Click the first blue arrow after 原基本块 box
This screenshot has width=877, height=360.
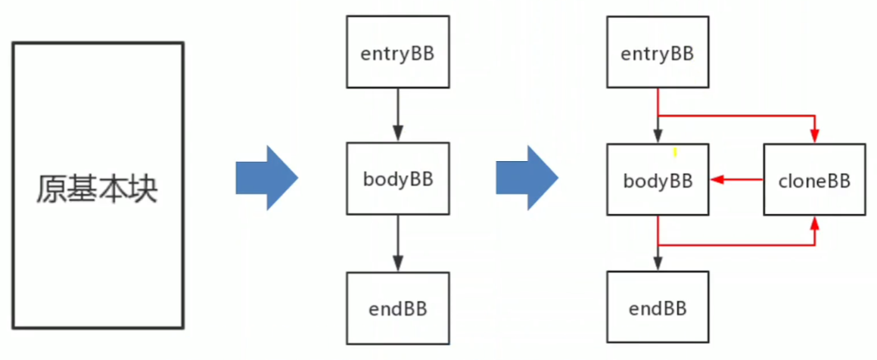[266, 178]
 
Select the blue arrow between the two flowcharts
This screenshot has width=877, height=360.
[527, 178]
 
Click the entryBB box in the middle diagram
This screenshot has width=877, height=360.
[397, 54]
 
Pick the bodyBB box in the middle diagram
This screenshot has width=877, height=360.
[397, 179]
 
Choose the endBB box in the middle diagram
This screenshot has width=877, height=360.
[397, 308]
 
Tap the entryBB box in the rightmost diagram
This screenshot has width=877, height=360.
[658, 54]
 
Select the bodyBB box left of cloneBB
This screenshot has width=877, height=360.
[658, 180]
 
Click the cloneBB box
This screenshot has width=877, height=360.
[814, 180]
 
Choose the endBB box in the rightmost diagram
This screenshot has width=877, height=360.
[658, 308]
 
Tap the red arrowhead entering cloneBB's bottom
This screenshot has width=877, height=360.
[815, 224]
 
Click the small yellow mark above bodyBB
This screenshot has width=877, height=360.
[675, 153]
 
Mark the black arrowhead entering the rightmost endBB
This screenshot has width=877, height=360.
[658, 265]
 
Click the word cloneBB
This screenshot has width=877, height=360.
[814, 181]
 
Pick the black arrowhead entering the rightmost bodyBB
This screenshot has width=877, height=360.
[658, 138]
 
